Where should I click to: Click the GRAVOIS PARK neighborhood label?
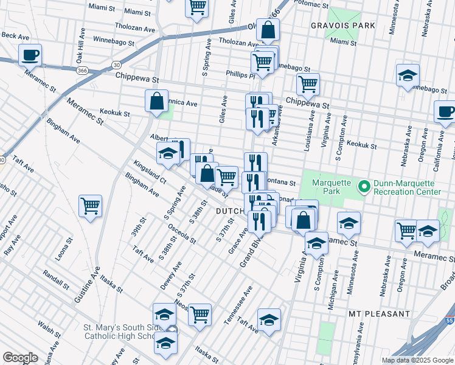(342, 26)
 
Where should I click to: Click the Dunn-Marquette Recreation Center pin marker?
(364, 186)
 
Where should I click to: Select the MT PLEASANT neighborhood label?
(379, 313)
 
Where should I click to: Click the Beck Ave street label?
(15, 36)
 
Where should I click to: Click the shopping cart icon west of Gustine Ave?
(90, 206)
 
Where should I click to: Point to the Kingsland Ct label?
(150, 173)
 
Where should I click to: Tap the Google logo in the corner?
(21, 358)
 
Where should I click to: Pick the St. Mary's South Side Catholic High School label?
(119, 332)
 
